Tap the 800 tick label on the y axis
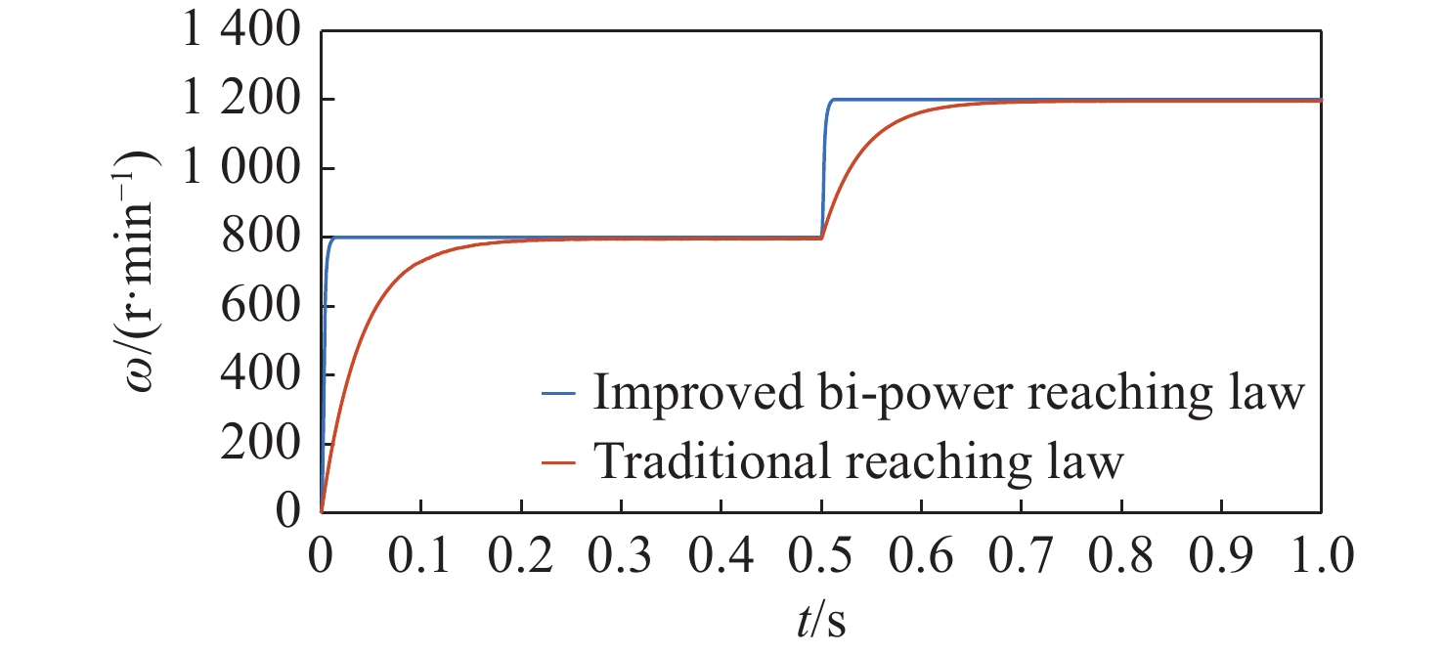pos(255,239)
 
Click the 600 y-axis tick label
pos(255,307)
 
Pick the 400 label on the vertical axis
pos(255,375)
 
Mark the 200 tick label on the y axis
pos(255,444)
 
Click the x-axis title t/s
pos(821,621)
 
